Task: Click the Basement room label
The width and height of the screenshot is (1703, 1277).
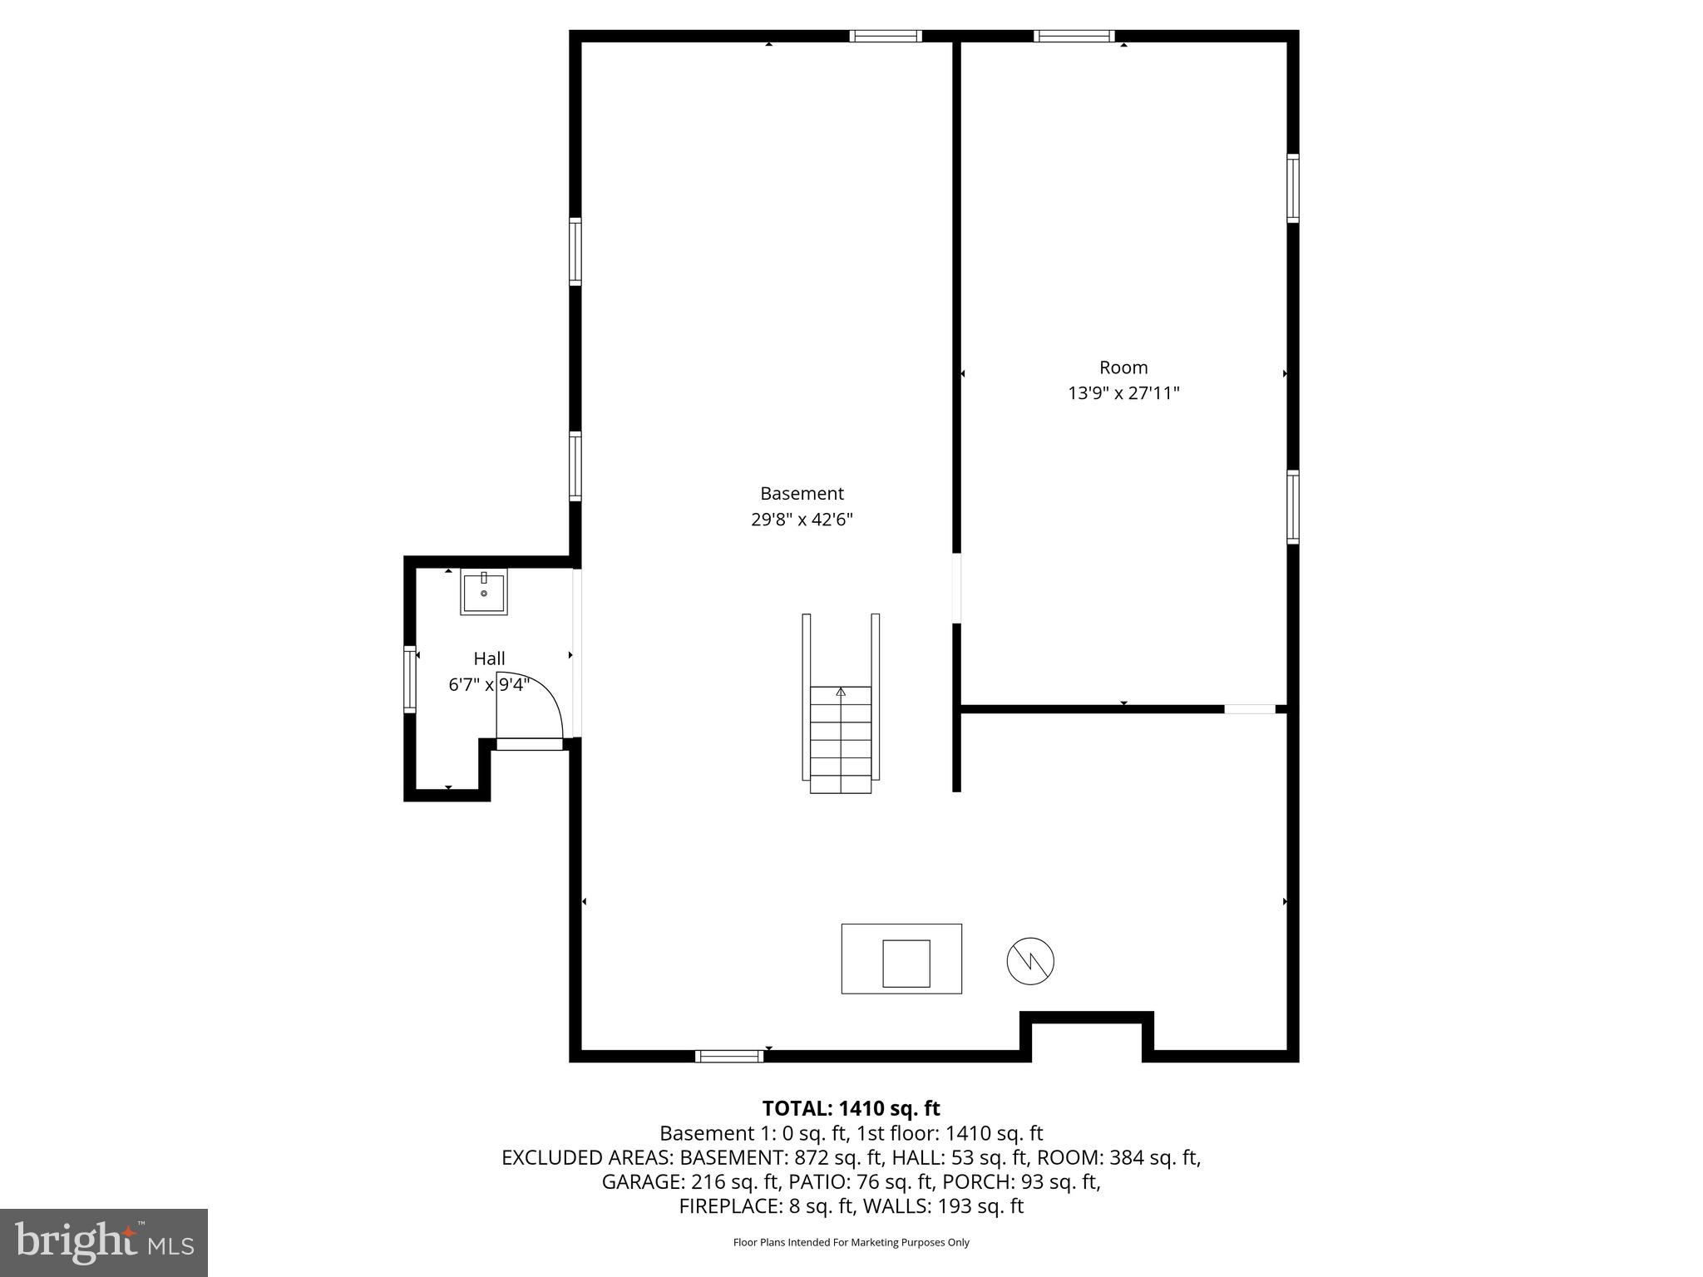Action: pyautogui.click(x=802, y=494)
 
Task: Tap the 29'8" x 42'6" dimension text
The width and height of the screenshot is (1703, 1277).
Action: pyautogui.click(x=802, y=520)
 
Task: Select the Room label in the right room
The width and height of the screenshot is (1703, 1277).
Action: pyautogui.click(x=1123, y=367)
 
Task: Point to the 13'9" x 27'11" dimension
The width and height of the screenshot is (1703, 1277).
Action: pyautogui.click(x=1123, y=393)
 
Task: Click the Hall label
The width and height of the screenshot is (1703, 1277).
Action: pyautogui.click(x=489, y=658)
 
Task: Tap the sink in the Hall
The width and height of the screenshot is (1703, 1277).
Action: pyautogui.click(x=483, y=592)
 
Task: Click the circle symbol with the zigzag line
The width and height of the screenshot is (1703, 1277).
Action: pyautogui.click(x=1030, y=962)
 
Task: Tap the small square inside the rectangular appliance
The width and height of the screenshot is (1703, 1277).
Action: pyautogui.click(x=906, y=964)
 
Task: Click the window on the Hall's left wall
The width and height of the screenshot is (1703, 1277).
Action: pyautogui.click(x=409, y=679)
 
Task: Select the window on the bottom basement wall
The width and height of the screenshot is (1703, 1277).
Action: pyautogui.click(x=729, y=1056)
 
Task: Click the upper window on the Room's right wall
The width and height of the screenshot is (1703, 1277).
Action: pyautogui.click(x=1292, y=189)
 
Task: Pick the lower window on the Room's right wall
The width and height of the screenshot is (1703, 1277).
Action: pyautogui.click(x=1292, y=507)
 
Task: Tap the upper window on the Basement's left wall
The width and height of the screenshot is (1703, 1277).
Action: pyautogui.click(x=575, y=251)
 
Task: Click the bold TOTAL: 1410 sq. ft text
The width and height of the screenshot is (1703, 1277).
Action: pyautogui.click(x=851, y=1108)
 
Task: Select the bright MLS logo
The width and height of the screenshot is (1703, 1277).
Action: pyautogui.click(x=104, y=1243)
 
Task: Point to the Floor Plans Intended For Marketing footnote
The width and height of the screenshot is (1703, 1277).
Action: pyautogui.click(x=851, y=1243)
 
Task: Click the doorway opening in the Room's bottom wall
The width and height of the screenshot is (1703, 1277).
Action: pyautogui.click(x=1249, y=709)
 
